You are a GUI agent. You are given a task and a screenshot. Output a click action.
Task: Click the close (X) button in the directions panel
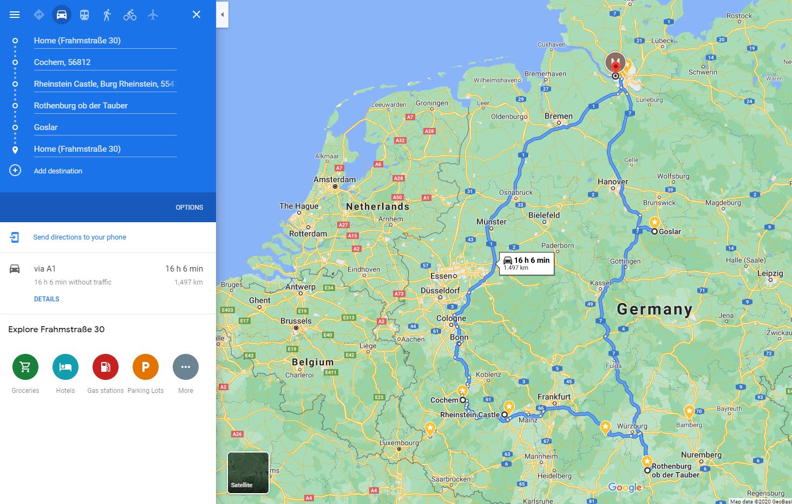pos(197,15)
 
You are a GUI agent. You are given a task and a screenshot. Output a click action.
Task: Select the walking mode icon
pos(107,15)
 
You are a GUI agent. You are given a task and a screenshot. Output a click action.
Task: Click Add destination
pos(58,171)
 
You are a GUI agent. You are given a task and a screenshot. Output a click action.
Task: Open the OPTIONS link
pos(189,208)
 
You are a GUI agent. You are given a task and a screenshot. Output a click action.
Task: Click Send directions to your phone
pos(80,237)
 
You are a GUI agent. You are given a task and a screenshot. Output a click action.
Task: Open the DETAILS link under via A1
pos(47,299)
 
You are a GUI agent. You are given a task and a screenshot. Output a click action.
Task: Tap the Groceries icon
pos(25,367)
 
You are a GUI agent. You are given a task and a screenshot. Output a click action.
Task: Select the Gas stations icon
pos(106,367)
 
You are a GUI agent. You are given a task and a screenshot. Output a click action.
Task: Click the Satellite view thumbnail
pos(248,473)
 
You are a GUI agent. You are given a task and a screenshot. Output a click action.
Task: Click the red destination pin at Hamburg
pos(615,66)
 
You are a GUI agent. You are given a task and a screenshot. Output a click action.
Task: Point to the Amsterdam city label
pos(335,179)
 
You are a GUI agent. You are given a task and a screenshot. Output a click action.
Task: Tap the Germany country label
pos(654,309)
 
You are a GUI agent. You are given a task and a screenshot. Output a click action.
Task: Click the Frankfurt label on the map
pos(554,397)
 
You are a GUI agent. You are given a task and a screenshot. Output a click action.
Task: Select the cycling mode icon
pos(130,15)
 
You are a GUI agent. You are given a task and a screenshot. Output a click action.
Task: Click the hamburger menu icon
pos(15,15)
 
